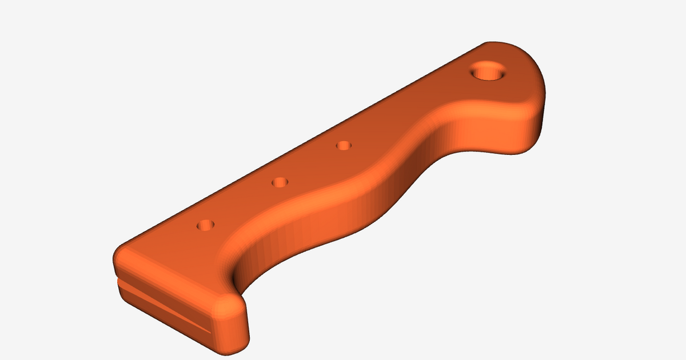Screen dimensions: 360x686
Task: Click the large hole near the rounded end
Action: tap(488, 72)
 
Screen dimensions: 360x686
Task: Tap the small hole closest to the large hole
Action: tap(343, 146)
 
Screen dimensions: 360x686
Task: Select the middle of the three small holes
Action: tap(280, 182)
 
